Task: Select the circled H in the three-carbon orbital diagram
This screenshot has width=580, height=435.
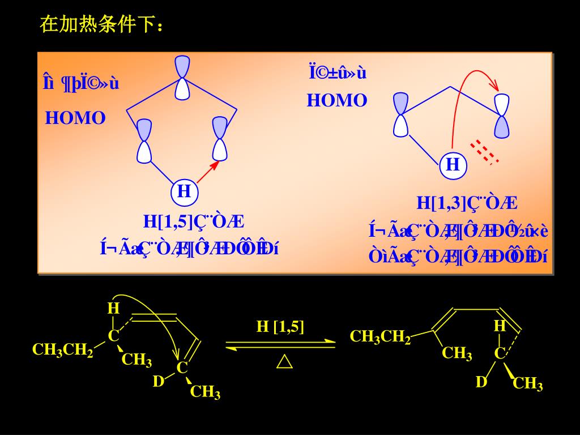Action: pyautogui.click(x=453, y=165)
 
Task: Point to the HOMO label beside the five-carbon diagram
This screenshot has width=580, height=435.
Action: pyautogui.click(x=75, y=118)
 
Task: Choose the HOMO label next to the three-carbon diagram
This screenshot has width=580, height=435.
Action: pyautogui.click(x=337, y=101)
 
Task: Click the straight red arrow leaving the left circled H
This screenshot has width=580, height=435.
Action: pyautogui.click(x=208, y=172)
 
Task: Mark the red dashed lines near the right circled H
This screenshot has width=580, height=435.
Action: pyautogui.click(x=485, y=151)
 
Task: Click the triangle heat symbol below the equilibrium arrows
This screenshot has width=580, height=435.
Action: pyautogui.click(x=284, y=362)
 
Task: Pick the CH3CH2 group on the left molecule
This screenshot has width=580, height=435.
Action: pyautogui.click(x=62, y=350)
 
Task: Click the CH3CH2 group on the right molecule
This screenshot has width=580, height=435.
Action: pyautogui.click(x=380, y=337)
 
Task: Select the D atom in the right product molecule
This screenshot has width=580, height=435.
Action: pyautogui.click(x=481, y=382)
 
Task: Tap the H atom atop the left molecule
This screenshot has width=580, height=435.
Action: pyautogui.click(x=114, y=309)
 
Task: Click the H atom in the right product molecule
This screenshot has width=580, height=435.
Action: pyautogui.click(x=499, y=326)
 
